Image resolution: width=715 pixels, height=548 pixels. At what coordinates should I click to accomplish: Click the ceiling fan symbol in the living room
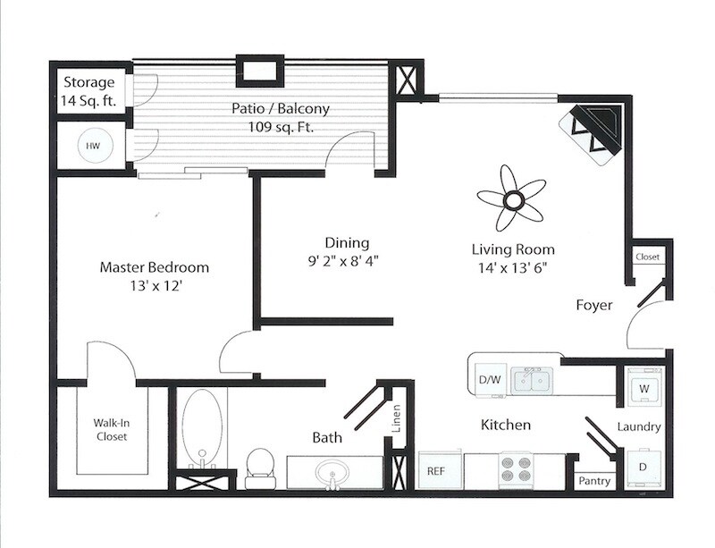511,199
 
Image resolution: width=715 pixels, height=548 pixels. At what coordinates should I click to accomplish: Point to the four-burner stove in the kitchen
517,469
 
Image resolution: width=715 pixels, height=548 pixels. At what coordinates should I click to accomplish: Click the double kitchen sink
534,381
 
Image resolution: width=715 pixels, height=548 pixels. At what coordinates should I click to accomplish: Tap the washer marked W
643,389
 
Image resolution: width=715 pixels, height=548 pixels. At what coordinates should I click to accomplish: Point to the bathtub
203,426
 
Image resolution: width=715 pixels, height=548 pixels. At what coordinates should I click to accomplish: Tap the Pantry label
594,481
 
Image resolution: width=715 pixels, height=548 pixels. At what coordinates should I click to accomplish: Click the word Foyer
594,306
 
